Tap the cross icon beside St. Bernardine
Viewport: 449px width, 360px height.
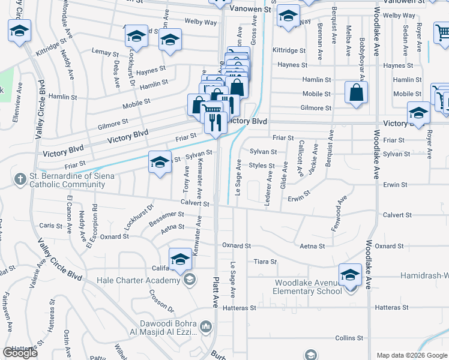coord(20,178)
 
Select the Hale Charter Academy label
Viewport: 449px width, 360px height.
coord(139,280)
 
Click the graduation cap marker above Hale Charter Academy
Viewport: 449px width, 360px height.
coord(179,260)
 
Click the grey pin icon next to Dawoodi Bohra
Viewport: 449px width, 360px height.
coord(206,326)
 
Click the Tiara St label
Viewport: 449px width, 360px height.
coord(265,262)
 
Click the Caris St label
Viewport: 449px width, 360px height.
coord(50,226)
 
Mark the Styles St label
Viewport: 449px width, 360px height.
coord(262,165)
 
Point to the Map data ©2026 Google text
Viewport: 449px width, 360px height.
coord(411,355)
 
